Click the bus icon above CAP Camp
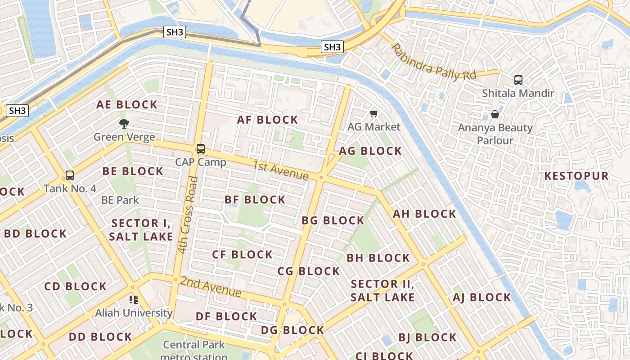click(201, 149)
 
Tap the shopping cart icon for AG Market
click(373, 113)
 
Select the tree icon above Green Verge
click(124, 123)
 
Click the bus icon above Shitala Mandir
click(518, 80)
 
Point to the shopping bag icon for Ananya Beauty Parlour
click(495, 114)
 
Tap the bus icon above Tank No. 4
click(70, 175)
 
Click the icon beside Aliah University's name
click(133, 299)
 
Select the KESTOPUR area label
click(576, 176)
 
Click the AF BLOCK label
click(268, 120)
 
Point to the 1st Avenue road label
click(280, 170)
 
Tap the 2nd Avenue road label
click(211, 287)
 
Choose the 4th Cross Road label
click(188, 215)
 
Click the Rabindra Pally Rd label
click(433, 62)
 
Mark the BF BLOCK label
click(255, 199)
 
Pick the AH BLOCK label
click(425, 214)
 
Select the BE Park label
click(120, 200)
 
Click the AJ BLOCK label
click(482, 297)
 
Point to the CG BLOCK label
click(309, 271)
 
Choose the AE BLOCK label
click(127, 105)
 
